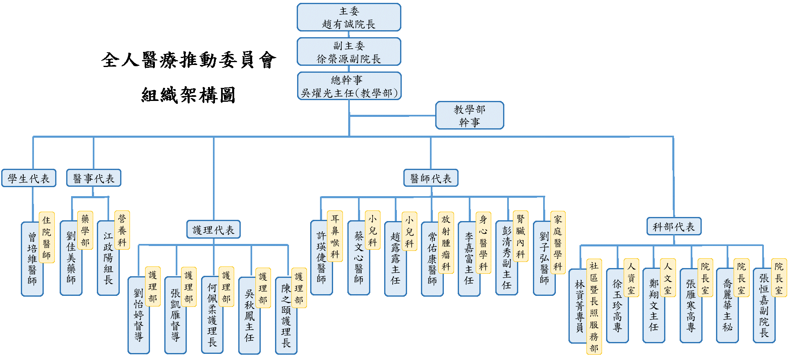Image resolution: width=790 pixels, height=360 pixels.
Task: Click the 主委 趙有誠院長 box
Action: click(349, 17)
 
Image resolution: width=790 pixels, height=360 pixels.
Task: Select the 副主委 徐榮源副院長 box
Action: click(349, 51)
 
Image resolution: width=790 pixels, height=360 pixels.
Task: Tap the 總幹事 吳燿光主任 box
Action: click(349, 86)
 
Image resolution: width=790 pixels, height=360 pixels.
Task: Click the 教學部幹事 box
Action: click(470, 115)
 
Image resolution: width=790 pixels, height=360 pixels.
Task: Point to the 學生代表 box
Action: click(29, 178)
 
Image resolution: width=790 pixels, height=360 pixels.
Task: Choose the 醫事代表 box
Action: click(94, 178)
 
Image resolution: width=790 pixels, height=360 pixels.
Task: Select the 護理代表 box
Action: click(213, 229)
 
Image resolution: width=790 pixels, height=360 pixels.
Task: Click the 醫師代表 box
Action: click(431, 178)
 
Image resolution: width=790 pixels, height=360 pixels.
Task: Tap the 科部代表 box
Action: click(674, 226)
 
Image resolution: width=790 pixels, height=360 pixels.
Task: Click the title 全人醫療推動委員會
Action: click(188, 60)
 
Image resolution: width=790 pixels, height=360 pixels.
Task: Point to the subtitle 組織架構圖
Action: click(188, 95)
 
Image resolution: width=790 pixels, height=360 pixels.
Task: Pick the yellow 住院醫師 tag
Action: click(47, 237)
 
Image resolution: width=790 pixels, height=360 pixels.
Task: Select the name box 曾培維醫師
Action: click(32, 259)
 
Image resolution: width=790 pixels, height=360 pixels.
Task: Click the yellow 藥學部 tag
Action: click(85, 230)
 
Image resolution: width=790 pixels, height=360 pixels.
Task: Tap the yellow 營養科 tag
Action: click(122, 230)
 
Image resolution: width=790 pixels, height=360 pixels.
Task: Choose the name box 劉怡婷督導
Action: click(139, 315)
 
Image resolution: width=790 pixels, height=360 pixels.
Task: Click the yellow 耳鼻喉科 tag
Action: click(335, 236)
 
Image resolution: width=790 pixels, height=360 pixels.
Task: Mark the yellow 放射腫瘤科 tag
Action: click(446, 242)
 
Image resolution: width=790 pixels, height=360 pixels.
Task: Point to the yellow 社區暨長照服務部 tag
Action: click(594, 306)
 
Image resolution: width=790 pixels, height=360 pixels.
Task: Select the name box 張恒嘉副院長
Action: click(764, 305)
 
